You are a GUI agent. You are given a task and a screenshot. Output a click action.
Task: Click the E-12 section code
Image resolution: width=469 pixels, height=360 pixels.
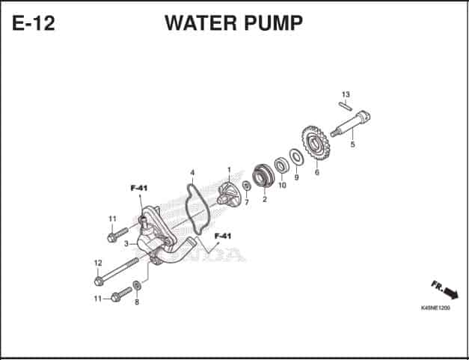pyautogui.click(x=34, y=23)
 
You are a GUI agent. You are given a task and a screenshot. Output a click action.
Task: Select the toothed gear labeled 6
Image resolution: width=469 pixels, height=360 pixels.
pyautogui.click(x=316, y=143)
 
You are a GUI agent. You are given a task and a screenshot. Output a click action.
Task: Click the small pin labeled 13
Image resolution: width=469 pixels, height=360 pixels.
pyautogui.click(x=346, y=106)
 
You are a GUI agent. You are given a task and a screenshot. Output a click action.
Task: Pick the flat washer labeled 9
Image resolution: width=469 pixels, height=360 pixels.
pyautogui.click(x=296, y=157)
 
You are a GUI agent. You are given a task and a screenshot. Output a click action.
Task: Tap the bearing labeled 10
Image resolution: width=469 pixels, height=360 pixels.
pyautogui.click(x=281, y=165)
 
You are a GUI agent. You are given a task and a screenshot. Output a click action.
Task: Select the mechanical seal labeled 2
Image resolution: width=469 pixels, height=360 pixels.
pyautogui.click(x=263, y=177)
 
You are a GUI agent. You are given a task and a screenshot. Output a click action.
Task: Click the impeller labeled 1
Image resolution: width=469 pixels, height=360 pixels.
pyautogui.click(x=227, y=194)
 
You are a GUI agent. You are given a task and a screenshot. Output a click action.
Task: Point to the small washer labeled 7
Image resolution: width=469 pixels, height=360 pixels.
pyautogui.click(x=246, y=186)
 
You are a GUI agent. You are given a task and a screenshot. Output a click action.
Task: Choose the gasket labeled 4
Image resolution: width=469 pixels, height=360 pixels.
pyautogui.click(x=197, y=209)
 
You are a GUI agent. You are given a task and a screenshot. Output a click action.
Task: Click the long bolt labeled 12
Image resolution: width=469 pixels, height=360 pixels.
pyautogui.click(x=117, y=270)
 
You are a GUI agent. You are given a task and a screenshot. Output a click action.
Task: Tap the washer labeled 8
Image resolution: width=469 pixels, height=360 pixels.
pyautogui.click(x=137, y=285)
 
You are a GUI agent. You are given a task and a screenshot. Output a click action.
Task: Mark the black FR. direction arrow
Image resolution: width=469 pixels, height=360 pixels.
pyautogui.click(x=451, y=293)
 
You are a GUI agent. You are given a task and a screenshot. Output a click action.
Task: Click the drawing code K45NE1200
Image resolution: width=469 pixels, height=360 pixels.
pyautogui.click(x=435, y=308)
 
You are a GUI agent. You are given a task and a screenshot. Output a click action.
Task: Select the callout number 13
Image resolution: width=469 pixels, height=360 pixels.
pyautogui.click(x=346, y=94)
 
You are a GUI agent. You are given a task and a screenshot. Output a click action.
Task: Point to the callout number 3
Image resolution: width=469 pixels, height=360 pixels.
pyautogui.click(x=126, y=244)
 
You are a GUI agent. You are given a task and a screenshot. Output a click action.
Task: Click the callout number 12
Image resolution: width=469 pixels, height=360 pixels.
pyautogui.click(x=98, y=263)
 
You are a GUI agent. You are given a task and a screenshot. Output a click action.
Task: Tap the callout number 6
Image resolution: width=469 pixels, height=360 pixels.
pyautogui.click(x=317, y=172)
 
